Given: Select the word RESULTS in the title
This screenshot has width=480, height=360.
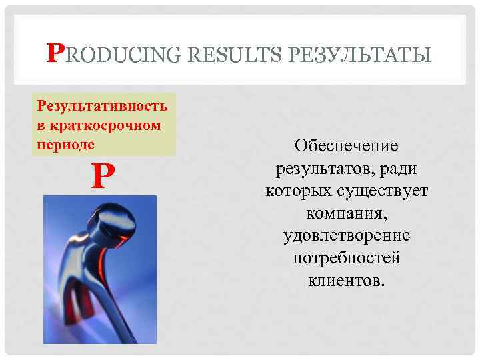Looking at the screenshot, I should click(x=233, y=54).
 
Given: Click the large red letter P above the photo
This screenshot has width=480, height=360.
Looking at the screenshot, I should click(x=99, y=177).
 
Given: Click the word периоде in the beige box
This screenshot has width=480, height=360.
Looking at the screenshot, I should click(x=65, y=143).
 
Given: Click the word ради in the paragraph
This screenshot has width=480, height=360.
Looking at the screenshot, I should click(x=403, y=169).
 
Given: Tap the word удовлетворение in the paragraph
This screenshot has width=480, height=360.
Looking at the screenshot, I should click(x=346, y=237).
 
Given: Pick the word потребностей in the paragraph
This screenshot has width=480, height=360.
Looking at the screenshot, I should click(x=346, y=259).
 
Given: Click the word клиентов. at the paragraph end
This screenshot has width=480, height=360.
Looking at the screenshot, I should click(x=346, y=281).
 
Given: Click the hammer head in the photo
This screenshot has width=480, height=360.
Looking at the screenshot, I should click(x=114, y=223).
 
